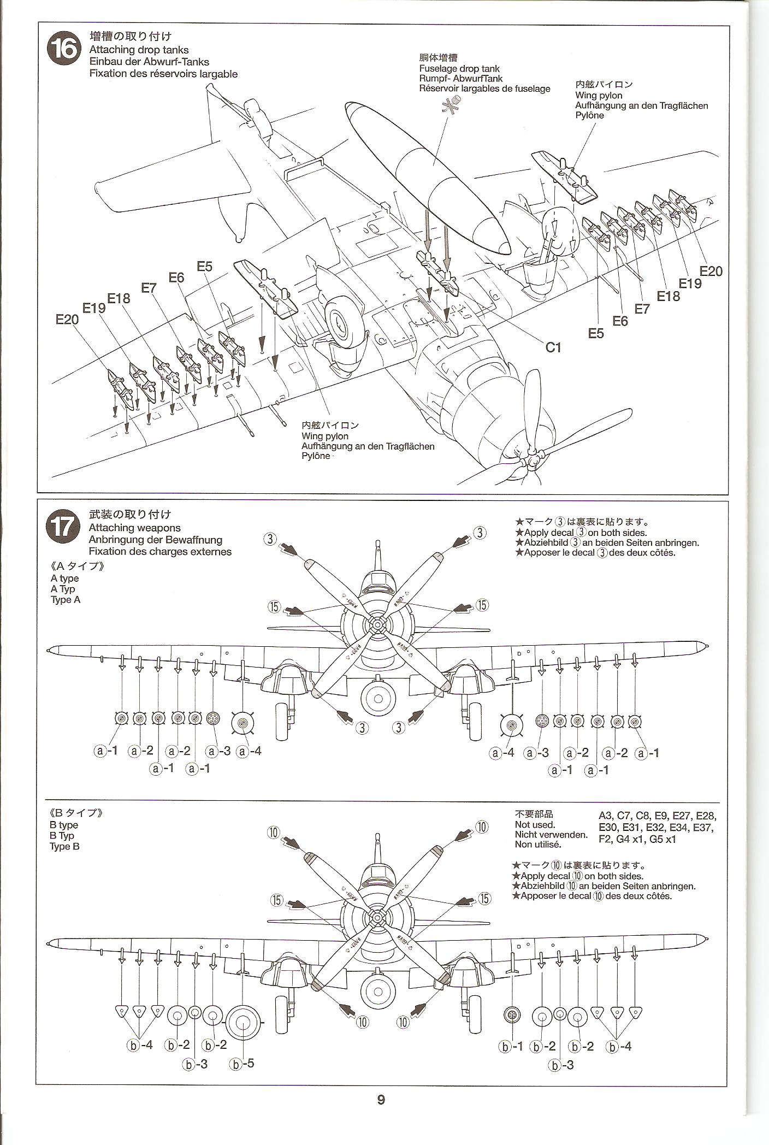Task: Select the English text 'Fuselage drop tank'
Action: coord(459,69)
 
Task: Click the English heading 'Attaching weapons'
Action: coord(134,528)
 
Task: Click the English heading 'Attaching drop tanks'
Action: coord(139,50)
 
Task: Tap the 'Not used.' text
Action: coord(535,825)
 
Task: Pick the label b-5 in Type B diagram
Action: coord(243,1064)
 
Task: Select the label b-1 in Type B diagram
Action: coord(512,1047)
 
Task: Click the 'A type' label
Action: coord(64,578)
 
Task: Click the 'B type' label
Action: coord(64,825)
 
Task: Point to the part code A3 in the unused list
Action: coord(607,817)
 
